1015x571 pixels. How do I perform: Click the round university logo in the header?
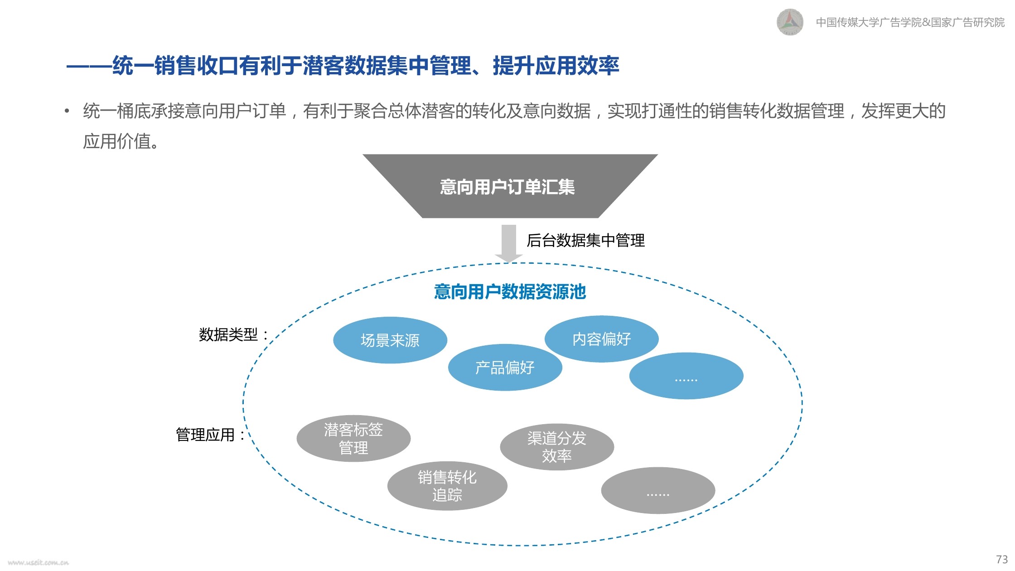790,22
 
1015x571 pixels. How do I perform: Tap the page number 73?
1002,559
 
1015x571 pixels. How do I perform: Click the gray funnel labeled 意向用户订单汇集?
510,186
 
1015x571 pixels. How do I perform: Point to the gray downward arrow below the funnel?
509,244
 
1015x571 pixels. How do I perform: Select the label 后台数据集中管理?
585,240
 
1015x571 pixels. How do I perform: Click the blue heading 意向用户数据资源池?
510,292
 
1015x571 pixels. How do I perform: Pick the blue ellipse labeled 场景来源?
390,340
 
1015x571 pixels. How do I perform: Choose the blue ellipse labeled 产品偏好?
505,367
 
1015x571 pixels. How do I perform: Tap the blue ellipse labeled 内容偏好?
601,339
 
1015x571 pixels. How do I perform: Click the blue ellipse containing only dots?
686,376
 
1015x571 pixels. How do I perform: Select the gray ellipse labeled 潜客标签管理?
353,438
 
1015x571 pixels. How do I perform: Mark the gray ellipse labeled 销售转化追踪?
447,486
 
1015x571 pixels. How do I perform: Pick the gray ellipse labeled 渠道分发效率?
557,447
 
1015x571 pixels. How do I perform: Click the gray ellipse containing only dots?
658,490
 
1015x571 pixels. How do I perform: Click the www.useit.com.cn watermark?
39,562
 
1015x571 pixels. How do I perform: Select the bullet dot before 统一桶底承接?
67,111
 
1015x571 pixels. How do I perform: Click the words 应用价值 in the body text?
116,141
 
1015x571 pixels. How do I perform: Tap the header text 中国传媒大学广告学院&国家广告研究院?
910,22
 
